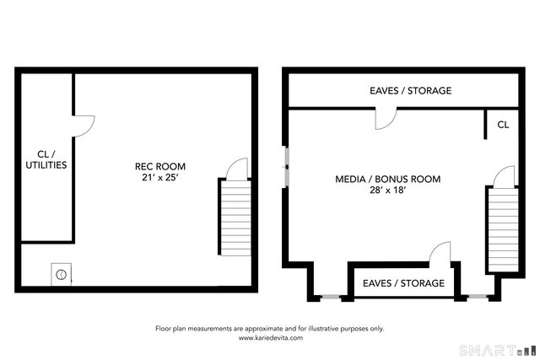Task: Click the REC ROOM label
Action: pyautogui.click(x=160, y=166)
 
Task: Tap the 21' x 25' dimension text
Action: pyautogui.click(x=160, y=178)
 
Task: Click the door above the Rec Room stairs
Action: pyautogui.click(x=238, y=167)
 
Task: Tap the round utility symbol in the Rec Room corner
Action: pyautogui.click(x=61, y=273)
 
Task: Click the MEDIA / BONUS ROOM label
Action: pyautogui.click(x=387, y=180)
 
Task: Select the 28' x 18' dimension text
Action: pyautogui.click(x=388, y=191)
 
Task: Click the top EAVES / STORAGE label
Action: pyautogui.click(x=410, y=90)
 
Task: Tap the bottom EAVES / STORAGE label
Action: pyautogui.click(x=403, y=283)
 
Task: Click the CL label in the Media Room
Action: pyautogui.click(x=503, y=125)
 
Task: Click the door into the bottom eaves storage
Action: pyautogui.click(x=439, y=253)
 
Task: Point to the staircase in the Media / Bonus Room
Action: pyautogui.click(x=501, y=230)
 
